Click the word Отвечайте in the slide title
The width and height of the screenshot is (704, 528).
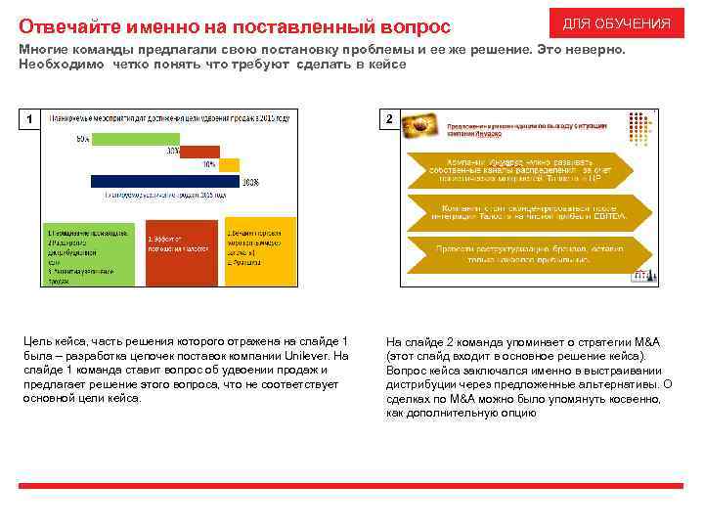point(65,23)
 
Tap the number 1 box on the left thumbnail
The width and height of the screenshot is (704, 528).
point(30,119)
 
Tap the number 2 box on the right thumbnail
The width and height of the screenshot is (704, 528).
point(389,118)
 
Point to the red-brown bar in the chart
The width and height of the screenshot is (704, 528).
point(199,153)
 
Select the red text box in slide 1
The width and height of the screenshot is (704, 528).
point(181,251)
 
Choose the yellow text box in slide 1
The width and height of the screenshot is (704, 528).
point(259,251)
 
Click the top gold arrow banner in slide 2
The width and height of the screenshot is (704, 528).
point(528,170)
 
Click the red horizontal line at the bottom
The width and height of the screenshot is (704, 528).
point(351,486)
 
